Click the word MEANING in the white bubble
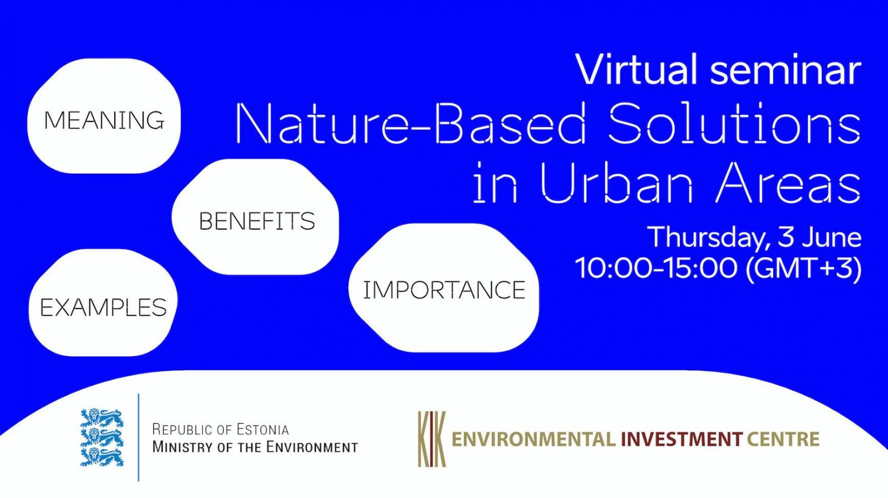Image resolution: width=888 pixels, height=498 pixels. click(104, 120)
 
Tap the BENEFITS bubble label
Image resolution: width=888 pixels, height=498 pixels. click(257, 221)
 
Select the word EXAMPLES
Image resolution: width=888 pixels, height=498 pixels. click(103, 307)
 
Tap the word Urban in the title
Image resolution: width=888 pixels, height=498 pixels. click(617, 182)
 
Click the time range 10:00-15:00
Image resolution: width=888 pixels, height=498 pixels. click(657, 267)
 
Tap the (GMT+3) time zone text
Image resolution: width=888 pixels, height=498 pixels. click(804, 268)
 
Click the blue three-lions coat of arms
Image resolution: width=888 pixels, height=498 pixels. click(102, 438)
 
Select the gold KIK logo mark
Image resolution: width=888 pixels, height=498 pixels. click(432, 439)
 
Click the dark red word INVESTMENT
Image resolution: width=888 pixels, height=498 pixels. click(682, 439)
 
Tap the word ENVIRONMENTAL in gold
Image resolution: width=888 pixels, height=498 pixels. click(534, 439)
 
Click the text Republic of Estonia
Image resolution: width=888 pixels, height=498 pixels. click(221, 429)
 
